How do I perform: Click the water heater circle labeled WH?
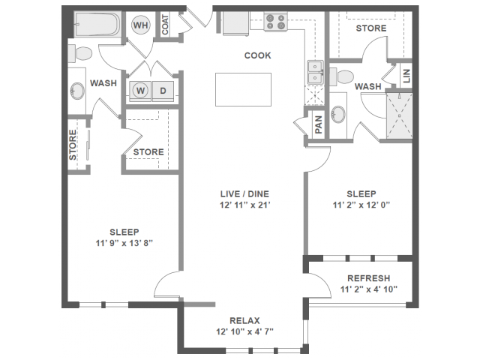[x=140, y=25]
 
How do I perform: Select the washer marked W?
[x=140, y=91]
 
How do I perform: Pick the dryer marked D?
[x=163, y=91]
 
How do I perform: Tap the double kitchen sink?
[x=314, y=73]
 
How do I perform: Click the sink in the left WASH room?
[x=77, y=91]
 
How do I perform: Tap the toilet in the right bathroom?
[x=343, y=74]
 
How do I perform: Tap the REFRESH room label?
[x=368, y=277]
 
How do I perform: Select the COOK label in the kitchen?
[x=257, y=55]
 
